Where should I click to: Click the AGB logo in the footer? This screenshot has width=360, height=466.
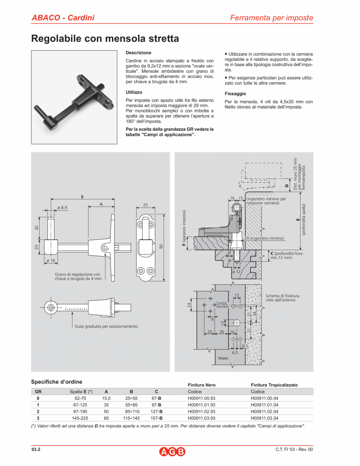tap(172, 452)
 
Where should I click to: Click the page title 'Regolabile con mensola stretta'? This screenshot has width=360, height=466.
tap(105, 39)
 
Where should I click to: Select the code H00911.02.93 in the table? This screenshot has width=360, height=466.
tap(201, 412)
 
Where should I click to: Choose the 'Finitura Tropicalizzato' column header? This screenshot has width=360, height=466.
tap(274, 385)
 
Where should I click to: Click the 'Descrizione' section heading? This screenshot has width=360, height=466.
tap(138, 52)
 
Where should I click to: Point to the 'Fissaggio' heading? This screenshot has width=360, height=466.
tap(235, 94)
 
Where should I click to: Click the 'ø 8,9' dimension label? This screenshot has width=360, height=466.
tap(62, 207)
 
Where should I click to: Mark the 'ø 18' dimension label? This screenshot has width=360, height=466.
tap(51, 260)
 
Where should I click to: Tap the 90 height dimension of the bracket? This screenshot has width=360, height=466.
tap(161, 247)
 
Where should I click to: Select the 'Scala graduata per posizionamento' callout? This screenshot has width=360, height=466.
tap(106, 326)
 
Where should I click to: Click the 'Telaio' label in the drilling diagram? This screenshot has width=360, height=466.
tap(223, 358)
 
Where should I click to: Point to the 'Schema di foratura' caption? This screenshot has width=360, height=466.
tap(282, 298)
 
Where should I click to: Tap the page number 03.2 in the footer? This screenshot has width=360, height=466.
tap(36, 450)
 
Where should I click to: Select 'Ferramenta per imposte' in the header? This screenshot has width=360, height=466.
tap(271, 18)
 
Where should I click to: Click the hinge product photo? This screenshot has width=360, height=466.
tap(74, 97)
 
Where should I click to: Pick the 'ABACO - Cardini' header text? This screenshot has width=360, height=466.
tap(63, 18)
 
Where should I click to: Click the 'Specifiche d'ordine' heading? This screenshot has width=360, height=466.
tap(56, 382)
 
